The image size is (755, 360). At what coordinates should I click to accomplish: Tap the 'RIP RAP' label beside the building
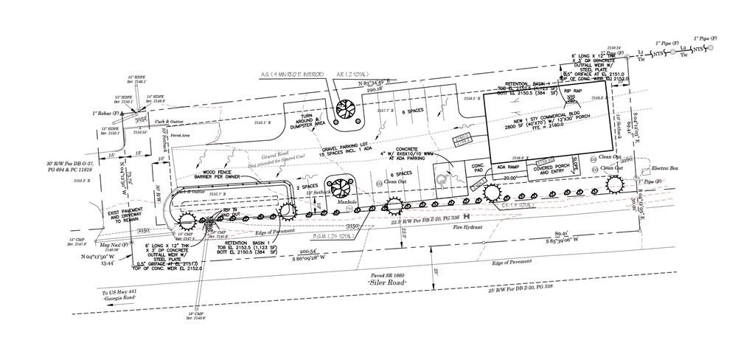tap(574, 91)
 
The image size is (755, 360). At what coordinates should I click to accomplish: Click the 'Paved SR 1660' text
tap(386, 276)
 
